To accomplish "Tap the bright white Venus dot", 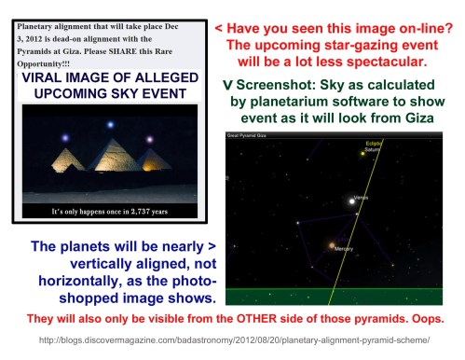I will tap(352, 200).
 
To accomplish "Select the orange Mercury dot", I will tap(330, 247).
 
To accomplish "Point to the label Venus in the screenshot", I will tap(366, 198).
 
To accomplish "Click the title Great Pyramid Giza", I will tap(249, 135).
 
